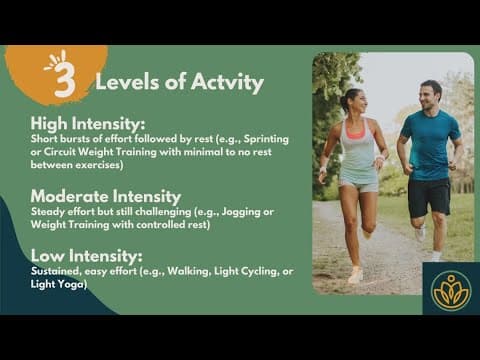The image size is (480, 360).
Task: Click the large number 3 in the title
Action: click(64, 81)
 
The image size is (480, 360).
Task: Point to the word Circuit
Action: click(57, 152)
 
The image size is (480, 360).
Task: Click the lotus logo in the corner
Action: click(449, 288)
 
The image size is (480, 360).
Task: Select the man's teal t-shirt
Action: click(429, 145)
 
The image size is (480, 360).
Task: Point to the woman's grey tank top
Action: click(357, 151)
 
